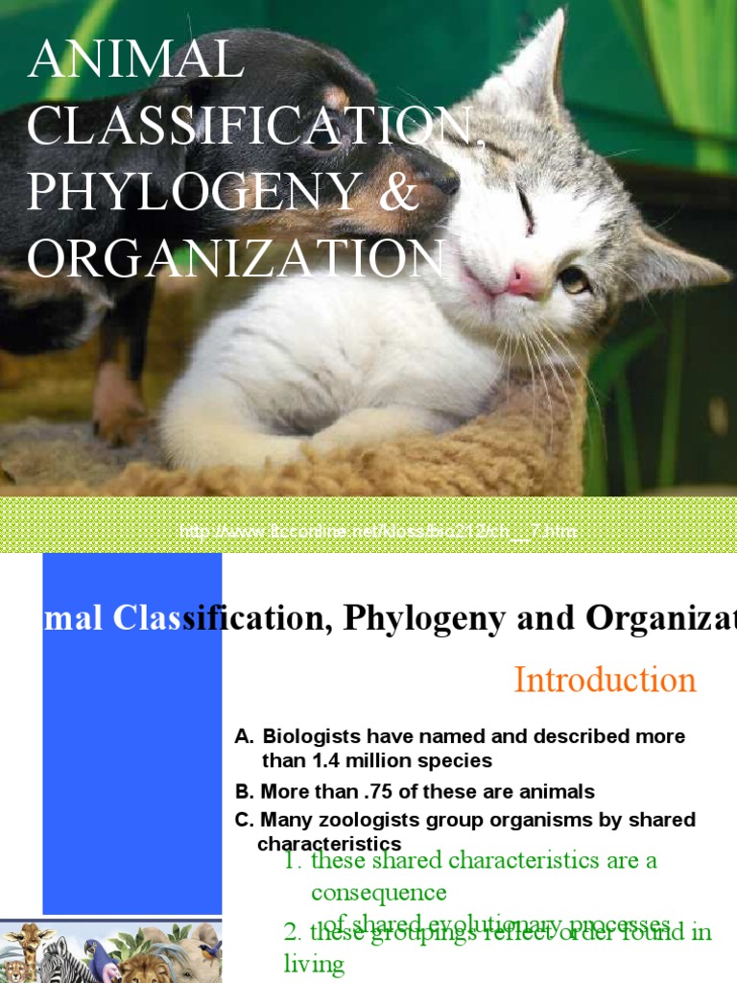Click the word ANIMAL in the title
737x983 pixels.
click(x=135, y=60)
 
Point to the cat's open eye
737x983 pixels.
click(x=574, y=279)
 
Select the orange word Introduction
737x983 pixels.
click(x=605, y=680)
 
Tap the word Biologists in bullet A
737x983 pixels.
click(x=310, y=736)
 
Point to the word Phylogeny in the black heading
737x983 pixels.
click(x=424, y=619)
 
